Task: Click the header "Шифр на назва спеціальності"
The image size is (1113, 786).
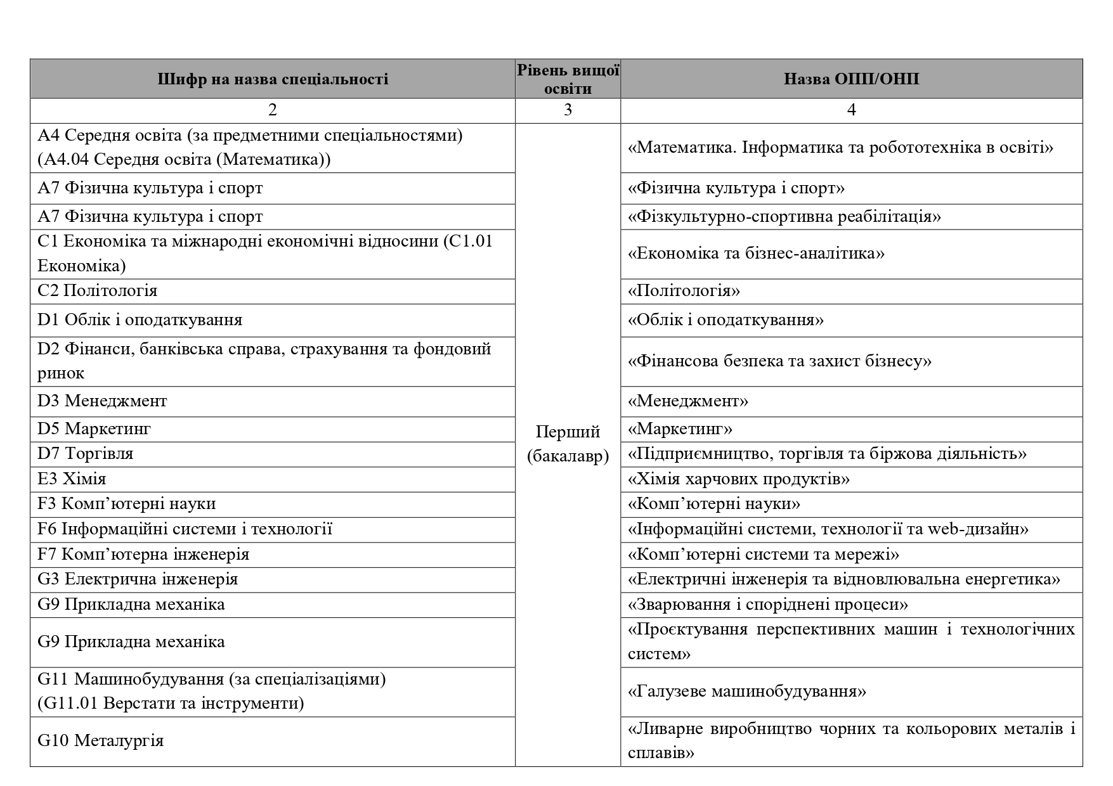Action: point(273,79)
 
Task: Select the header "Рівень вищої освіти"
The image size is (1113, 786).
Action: point(568,79)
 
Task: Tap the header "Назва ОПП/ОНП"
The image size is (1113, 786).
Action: point(851,79)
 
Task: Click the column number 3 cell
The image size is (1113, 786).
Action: point(568,110)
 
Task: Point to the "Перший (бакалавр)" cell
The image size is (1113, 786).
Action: point(568,444)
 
